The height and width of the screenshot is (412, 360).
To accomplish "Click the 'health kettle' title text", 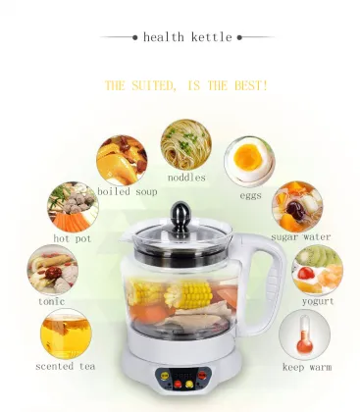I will click(x=187, y=37).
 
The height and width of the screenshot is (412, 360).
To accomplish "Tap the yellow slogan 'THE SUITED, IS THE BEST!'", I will click(x=185, y=85).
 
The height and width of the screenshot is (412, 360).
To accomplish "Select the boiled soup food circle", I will click(x=122, y=160).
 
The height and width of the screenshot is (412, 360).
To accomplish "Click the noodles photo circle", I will click(x=186, y=145).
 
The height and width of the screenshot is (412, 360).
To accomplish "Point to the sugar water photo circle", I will click(x=297, y=205).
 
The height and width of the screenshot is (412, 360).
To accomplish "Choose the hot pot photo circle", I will click(x=73, y=206).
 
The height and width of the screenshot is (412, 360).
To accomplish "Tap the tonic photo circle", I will click(x=52, y=269).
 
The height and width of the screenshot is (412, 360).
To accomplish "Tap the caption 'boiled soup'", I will click(x=128, y=191).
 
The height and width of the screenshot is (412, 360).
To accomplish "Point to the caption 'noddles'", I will click(x=186, y=178).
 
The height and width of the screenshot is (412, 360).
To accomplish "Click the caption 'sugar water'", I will click(x=301, y=237).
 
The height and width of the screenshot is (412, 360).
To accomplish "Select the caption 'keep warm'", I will click(x=306, y=368).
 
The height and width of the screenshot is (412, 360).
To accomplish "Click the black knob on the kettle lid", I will click(x=180, y=213).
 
